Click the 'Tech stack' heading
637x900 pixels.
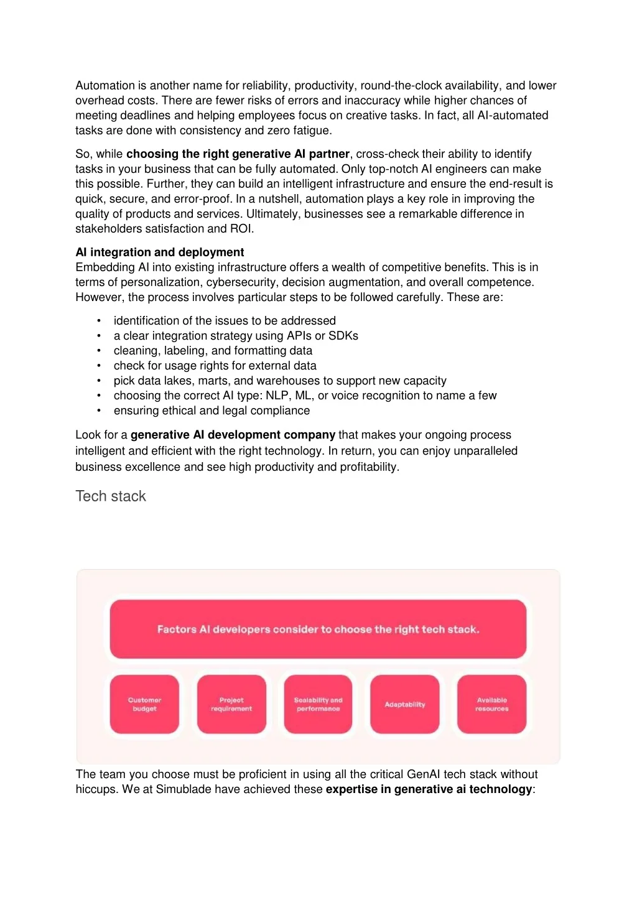pos(111,496)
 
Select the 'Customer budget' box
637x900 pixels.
pos(144,704)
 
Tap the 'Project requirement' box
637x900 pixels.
pos(231,704)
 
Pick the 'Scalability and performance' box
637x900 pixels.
pos(318,704)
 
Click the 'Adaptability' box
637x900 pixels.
pos(405,704)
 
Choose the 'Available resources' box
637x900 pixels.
pos(491,704)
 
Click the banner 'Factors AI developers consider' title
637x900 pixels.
pos(318,629)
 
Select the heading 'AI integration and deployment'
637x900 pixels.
pos(160,253)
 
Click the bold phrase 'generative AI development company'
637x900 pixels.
pos(233,435)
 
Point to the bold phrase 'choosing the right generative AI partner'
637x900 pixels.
pos(238,154)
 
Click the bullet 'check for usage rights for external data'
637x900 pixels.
pos(215,366)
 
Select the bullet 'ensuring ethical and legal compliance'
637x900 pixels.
pos(212,411)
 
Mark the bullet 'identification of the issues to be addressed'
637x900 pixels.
pos(225,321)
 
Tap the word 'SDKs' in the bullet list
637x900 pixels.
pos(343,336)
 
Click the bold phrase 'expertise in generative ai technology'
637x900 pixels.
pos(429,789)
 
